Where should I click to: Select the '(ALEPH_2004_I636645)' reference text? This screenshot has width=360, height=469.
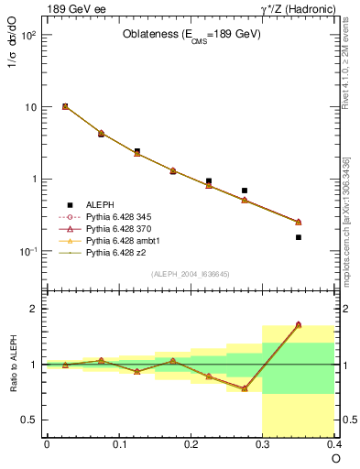coord(191,274)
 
